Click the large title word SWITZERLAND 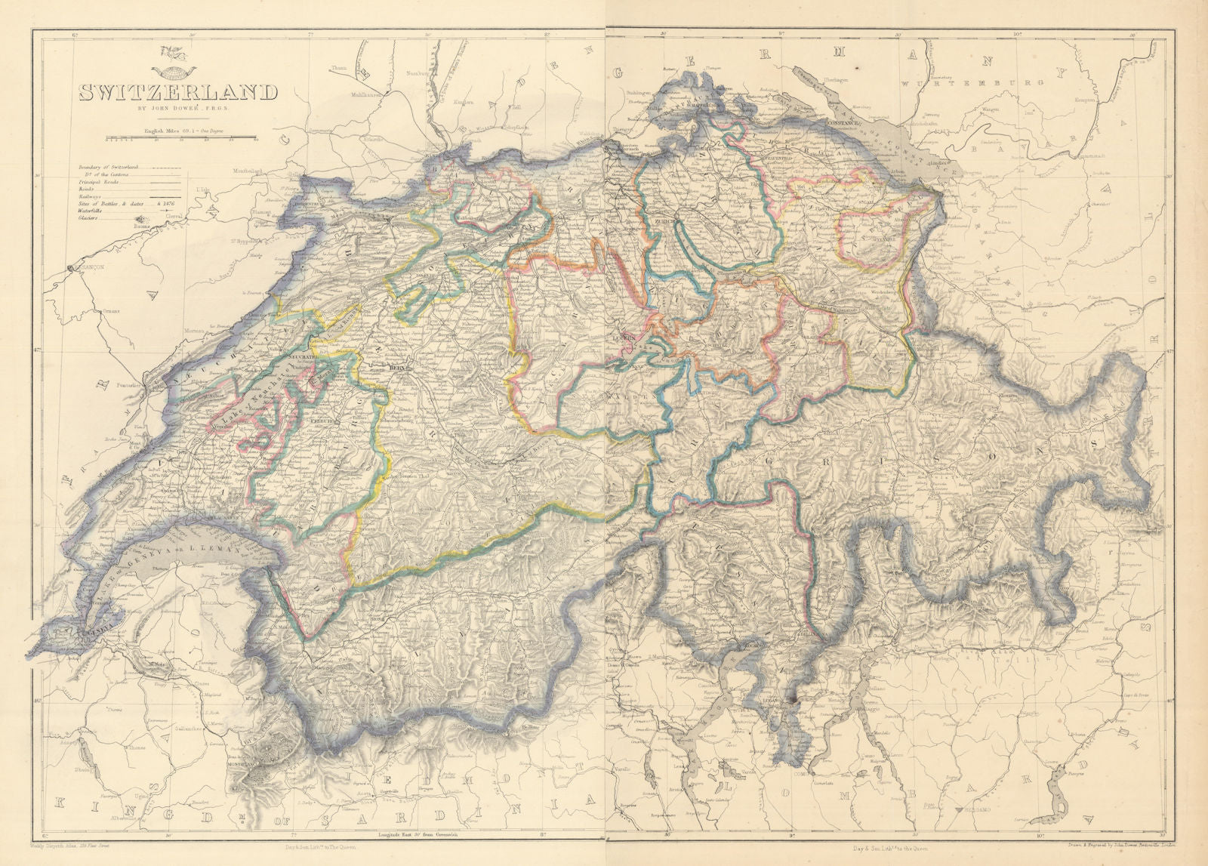pyautogui.click(x=178, y=94)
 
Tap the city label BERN pyautogui.click(x=398, y=368)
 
